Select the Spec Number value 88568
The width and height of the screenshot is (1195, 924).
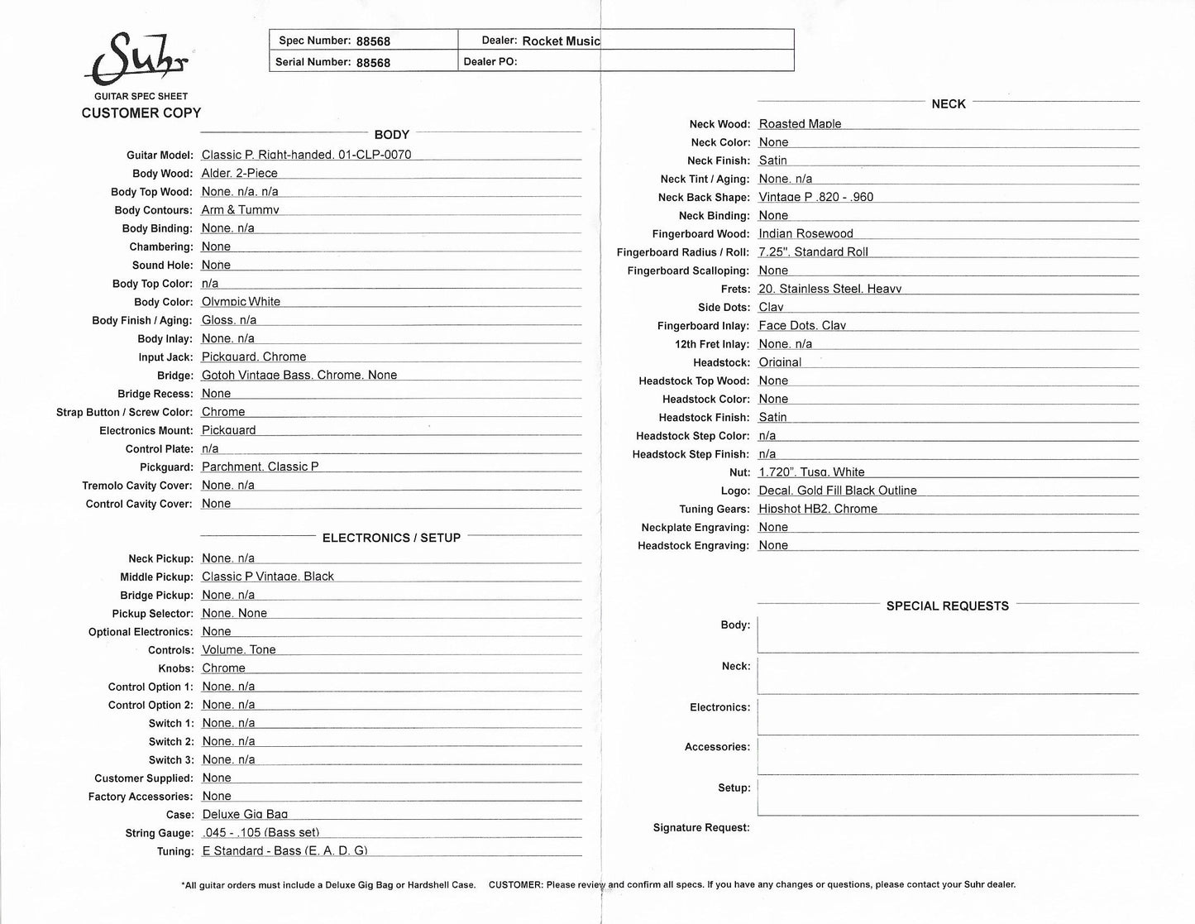coord(373,41)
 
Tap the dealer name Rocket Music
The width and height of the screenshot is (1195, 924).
coord(561,41)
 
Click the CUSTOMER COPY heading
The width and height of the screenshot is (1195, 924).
coord(141,113)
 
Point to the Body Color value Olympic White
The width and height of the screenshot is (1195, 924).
coord(241,302)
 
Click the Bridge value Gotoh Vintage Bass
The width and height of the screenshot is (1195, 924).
coord(299,376)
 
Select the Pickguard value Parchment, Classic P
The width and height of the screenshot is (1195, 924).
coord(260,467)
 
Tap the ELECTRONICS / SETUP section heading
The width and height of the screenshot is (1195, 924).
coord(391,539)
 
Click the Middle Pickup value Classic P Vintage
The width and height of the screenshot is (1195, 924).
coord(267,577)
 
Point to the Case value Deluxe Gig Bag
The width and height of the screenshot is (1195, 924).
coord(245,815)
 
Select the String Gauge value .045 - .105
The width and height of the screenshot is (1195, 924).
coord(260,833)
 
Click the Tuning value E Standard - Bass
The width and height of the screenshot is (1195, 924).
coord(284,851)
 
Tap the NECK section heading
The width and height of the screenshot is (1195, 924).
coord(948,104)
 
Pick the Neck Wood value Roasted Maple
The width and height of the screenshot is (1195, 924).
coord(800,124)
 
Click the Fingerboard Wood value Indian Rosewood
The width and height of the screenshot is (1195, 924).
coord(805,234)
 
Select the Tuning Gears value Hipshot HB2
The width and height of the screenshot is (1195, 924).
coord(817,510)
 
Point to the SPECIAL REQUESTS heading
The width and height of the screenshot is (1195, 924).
coord(947,606)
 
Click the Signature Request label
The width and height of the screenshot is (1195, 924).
coord(701,828)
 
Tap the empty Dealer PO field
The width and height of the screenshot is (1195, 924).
coord(653,62)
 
